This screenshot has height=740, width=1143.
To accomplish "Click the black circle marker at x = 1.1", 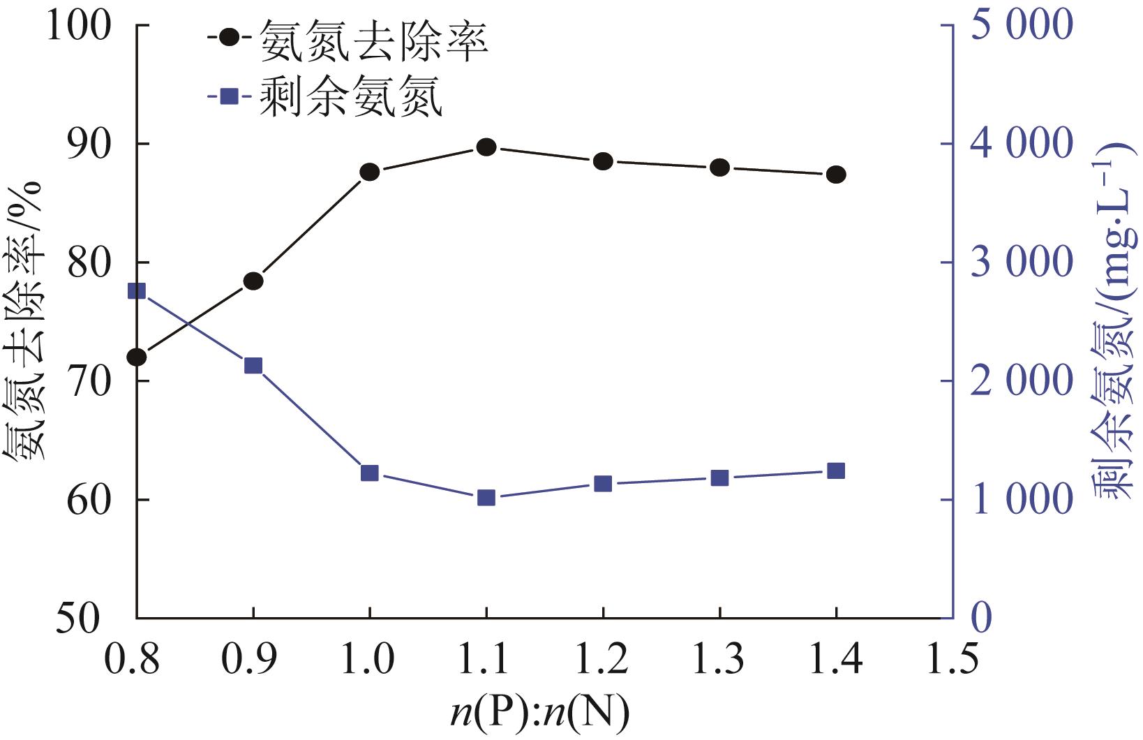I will pyautogui.click(x=486, y=147).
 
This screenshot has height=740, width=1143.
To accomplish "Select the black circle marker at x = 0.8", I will pyautogui.click(x=137, y=357).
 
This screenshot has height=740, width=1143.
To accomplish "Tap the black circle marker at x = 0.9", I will pyautogui.click(x=253, y=281).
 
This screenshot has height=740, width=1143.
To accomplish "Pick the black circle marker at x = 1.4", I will pyautogui.click(x=836, y=175).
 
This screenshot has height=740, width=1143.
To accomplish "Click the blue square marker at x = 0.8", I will pyautogui.click(x=137, y=291).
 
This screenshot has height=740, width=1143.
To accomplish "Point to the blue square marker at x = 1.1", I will pyautogui.click(x=486, y=498).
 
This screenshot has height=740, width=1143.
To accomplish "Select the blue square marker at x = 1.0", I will pyautogui.click(x=370, y=473).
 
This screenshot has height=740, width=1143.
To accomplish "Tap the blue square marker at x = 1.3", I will pyautogui.click(x=719, y=478).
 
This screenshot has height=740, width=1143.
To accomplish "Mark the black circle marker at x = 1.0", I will pyautogui.click(x=370, y=172).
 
